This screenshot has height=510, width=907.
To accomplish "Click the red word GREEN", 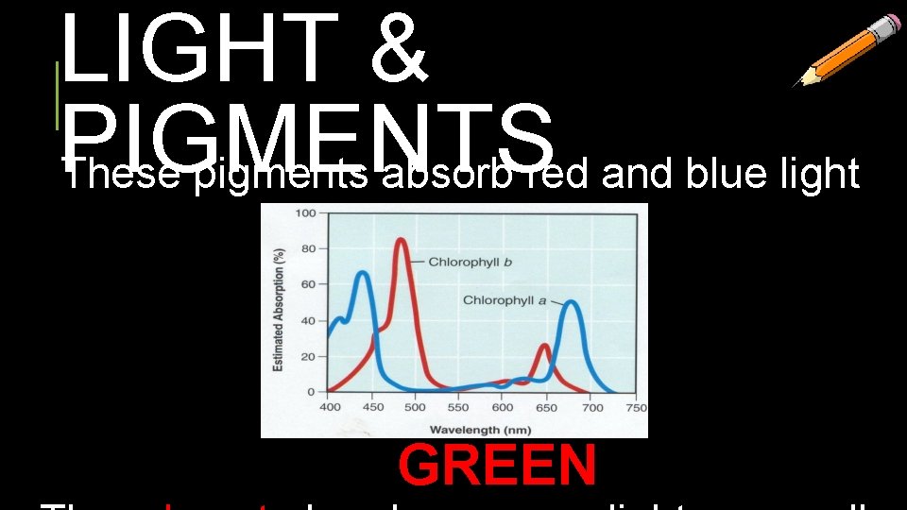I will (497, 465).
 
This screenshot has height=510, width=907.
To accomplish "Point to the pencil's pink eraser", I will (889, 26).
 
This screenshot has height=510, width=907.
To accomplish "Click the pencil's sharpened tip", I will (796, 84).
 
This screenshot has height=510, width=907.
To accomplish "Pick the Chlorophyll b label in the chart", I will (471, 261).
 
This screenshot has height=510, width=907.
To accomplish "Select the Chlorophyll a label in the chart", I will (505, 300).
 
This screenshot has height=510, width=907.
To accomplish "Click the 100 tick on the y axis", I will (306, 212).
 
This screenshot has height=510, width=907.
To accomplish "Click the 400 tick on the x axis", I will (330, 407).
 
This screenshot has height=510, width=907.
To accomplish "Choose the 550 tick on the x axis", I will (458, 407).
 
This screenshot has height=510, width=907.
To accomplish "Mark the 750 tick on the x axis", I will (635, 407).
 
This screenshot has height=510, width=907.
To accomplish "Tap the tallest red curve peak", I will (402, 240).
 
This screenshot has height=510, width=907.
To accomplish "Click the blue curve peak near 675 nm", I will (571, 302).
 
